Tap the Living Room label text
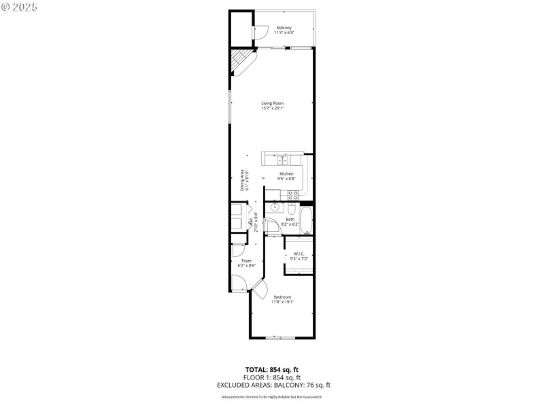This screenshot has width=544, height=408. (272, 103)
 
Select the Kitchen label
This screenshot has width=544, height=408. (286, 174)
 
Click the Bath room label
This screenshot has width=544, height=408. (290, 219)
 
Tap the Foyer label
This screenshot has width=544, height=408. (246, 260)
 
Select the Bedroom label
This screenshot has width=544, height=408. (283, 297)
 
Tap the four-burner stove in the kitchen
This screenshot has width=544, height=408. (293, 194)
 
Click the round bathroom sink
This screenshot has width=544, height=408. (275, 207)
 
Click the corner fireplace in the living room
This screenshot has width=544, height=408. (239, 62)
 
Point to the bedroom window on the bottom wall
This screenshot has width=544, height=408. (281, 338)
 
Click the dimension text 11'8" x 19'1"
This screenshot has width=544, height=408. (283, 302)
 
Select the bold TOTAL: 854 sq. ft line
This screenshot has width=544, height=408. (272, 370)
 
